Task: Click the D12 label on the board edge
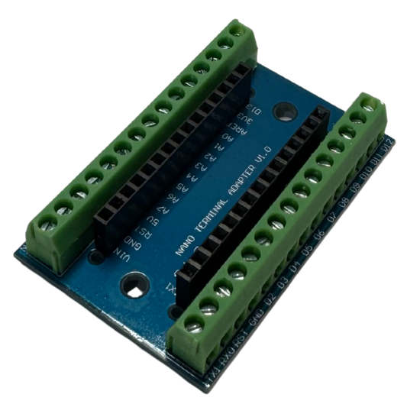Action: pos(389,147)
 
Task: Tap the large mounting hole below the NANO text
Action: pos(137,289)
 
